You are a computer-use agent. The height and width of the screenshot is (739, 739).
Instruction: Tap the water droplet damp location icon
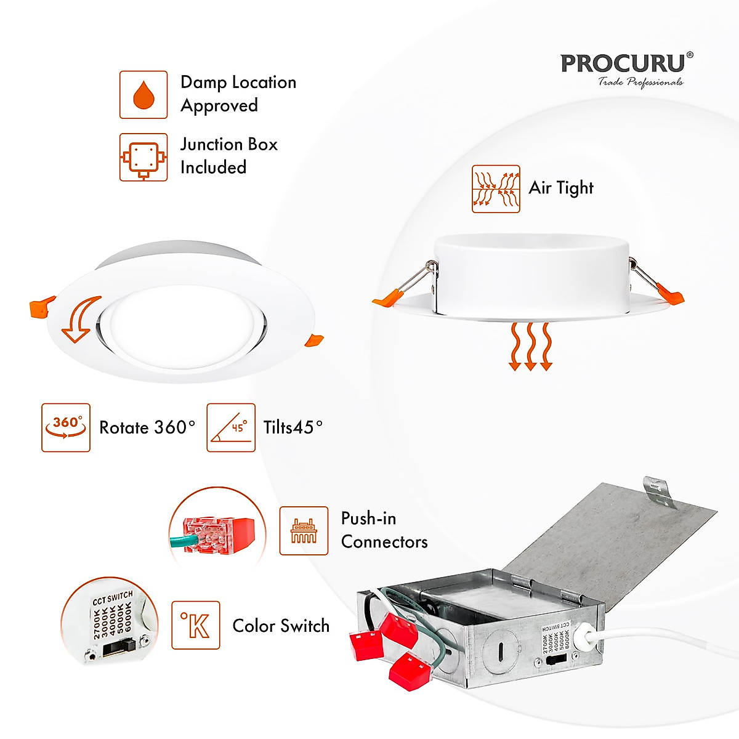[x=143, y=95]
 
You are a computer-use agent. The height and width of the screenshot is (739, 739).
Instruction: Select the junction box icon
[x=143, y=157]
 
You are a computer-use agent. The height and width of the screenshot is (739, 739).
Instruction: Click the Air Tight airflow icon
[x=496, y=189]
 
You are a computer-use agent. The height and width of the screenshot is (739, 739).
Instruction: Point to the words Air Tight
[x=561, y=188]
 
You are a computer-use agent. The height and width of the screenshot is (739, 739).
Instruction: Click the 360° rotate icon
[x=66, y=428]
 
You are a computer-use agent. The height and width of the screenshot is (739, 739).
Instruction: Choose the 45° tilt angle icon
[x=231, y=428]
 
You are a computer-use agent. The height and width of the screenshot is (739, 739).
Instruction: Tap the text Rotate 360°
[x=147, y=427]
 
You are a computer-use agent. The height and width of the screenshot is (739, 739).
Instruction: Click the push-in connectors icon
[x=304, y=531]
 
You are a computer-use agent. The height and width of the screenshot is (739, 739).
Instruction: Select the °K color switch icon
[x=196, y=625]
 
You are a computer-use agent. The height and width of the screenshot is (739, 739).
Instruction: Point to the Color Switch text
[x=281, y=626]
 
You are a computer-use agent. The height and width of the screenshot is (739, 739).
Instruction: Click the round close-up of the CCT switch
[x=110, y=622]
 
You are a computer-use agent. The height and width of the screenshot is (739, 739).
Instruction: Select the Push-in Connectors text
[x=384, y=530]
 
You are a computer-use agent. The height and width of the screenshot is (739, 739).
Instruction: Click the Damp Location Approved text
[x=238, y=94]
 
